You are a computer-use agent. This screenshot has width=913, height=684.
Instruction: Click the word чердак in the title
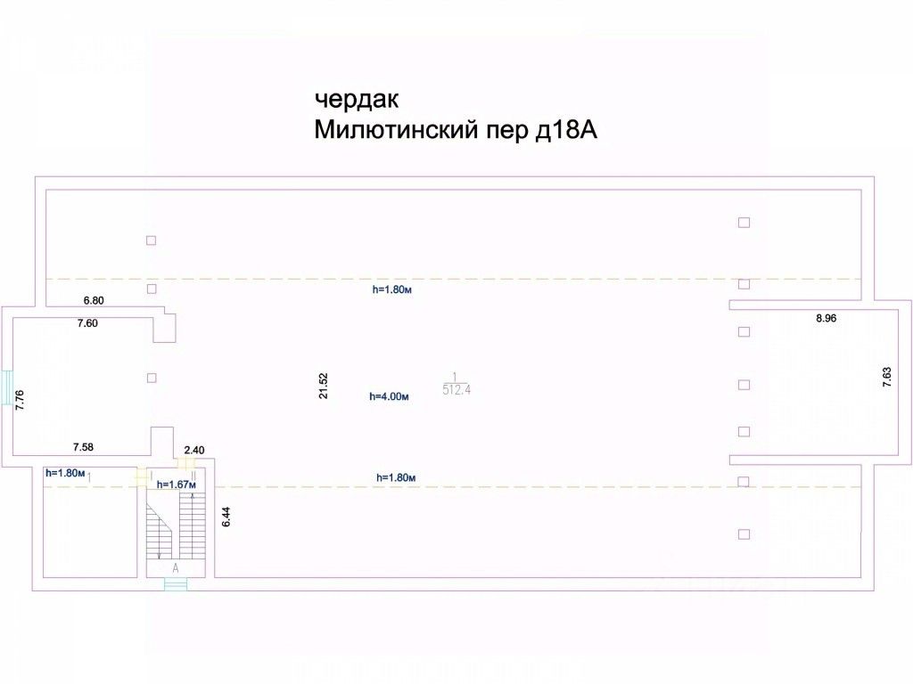(357, 100)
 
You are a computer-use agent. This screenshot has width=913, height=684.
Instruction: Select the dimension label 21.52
(324, 386)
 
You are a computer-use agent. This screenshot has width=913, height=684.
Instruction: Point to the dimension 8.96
(827, 318)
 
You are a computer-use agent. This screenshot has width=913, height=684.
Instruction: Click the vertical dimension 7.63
(887, 377)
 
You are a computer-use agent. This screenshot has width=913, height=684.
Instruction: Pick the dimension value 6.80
(94, 301)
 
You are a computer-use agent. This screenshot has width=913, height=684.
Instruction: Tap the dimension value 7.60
(88, 323)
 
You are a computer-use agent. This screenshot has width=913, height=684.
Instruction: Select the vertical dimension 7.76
(20, 400)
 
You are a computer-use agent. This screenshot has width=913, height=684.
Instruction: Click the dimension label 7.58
(83, 447)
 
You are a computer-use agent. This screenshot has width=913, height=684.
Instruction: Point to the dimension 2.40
(194, 450)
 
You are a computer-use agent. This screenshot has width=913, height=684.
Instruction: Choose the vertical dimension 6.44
(226, 517)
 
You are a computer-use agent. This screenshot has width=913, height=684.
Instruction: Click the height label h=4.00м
(389, 396)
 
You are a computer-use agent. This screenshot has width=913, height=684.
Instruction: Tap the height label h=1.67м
(177, 484)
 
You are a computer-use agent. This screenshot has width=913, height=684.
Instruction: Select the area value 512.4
(456, 390)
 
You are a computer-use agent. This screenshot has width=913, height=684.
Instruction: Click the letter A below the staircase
(176, 568)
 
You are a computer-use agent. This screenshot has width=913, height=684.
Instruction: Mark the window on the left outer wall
(6, 388)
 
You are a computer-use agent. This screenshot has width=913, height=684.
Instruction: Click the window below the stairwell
(176, 584)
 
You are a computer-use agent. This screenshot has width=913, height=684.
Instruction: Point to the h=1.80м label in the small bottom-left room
(65, 474)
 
